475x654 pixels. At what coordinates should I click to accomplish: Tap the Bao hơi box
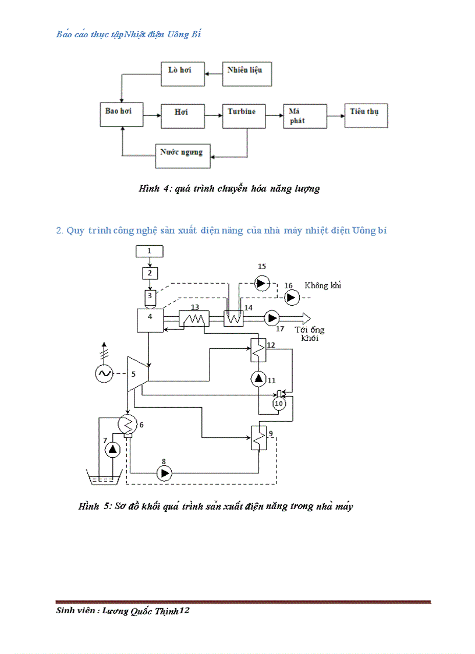pos(122,115)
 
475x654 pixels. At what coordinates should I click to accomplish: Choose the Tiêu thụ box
pos(366,115)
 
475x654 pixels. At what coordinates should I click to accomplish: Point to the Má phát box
pos(304,116)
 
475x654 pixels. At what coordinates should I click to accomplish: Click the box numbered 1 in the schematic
pos(150,251)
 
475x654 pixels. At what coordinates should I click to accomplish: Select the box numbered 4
pos(150,320)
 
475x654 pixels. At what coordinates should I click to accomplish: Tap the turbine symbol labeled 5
pos(138,374)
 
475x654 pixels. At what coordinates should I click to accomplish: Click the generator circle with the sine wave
pos(104,373)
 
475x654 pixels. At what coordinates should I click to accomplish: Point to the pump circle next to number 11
pos(258,379)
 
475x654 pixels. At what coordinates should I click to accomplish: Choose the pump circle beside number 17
pos(271,318)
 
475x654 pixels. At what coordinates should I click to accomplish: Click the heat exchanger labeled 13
pos(190,319)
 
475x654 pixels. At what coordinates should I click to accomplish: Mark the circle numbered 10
pos(279,403)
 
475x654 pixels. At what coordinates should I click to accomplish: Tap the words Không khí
pos(322,285)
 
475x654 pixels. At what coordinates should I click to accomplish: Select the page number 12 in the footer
pos(185,610)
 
